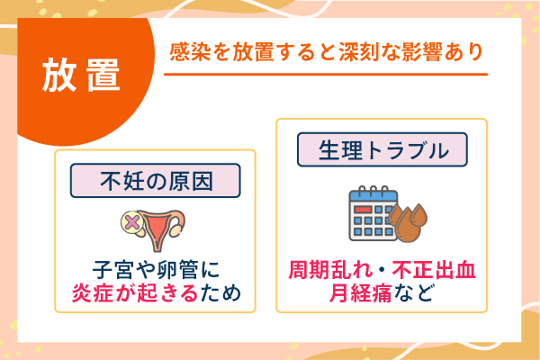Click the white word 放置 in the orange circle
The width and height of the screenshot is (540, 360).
point(81,75)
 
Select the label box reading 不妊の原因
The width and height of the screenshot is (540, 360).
point(156,181)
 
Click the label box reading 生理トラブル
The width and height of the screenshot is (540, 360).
point(383,150)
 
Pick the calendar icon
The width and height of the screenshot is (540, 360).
point(373,215)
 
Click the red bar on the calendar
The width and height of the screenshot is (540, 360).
point(364,209)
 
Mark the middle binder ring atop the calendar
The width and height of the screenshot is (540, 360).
point(373,189)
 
